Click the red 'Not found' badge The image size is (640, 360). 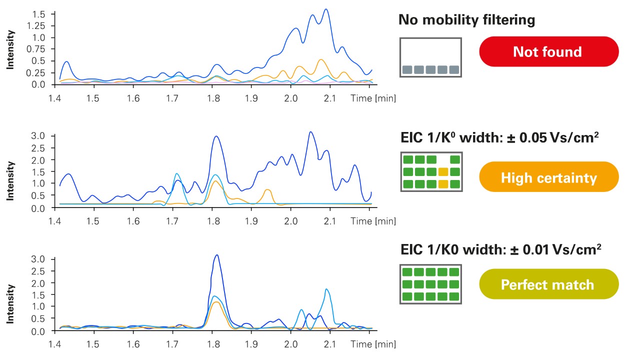pyautogui.click(x=548, y=51)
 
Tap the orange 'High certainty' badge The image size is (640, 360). pyautogui.click(x=548, y=177)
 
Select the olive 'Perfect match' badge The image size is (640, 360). pyautogui.click(x=548, y=284)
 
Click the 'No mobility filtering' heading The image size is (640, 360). pyautogui.click(x=466, y=20)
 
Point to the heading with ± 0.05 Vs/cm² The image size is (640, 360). pyautogui.click(x=500, y=137)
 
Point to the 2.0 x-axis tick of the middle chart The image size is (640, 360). pyautogui.click(x=290, y=220)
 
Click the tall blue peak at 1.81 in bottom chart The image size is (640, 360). pyautogui.click(x=216, y=255)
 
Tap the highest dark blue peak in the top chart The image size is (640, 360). pyautogui.click(x=326, y=9)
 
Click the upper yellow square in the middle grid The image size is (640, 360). pyautogui.click(x=443, y=172)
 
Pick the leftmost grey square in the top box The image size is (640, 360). pyautogui.click(x=407, y=70)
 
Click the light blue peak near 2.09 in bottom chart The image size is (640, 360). pyautogui.click(x=326, y=289)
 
